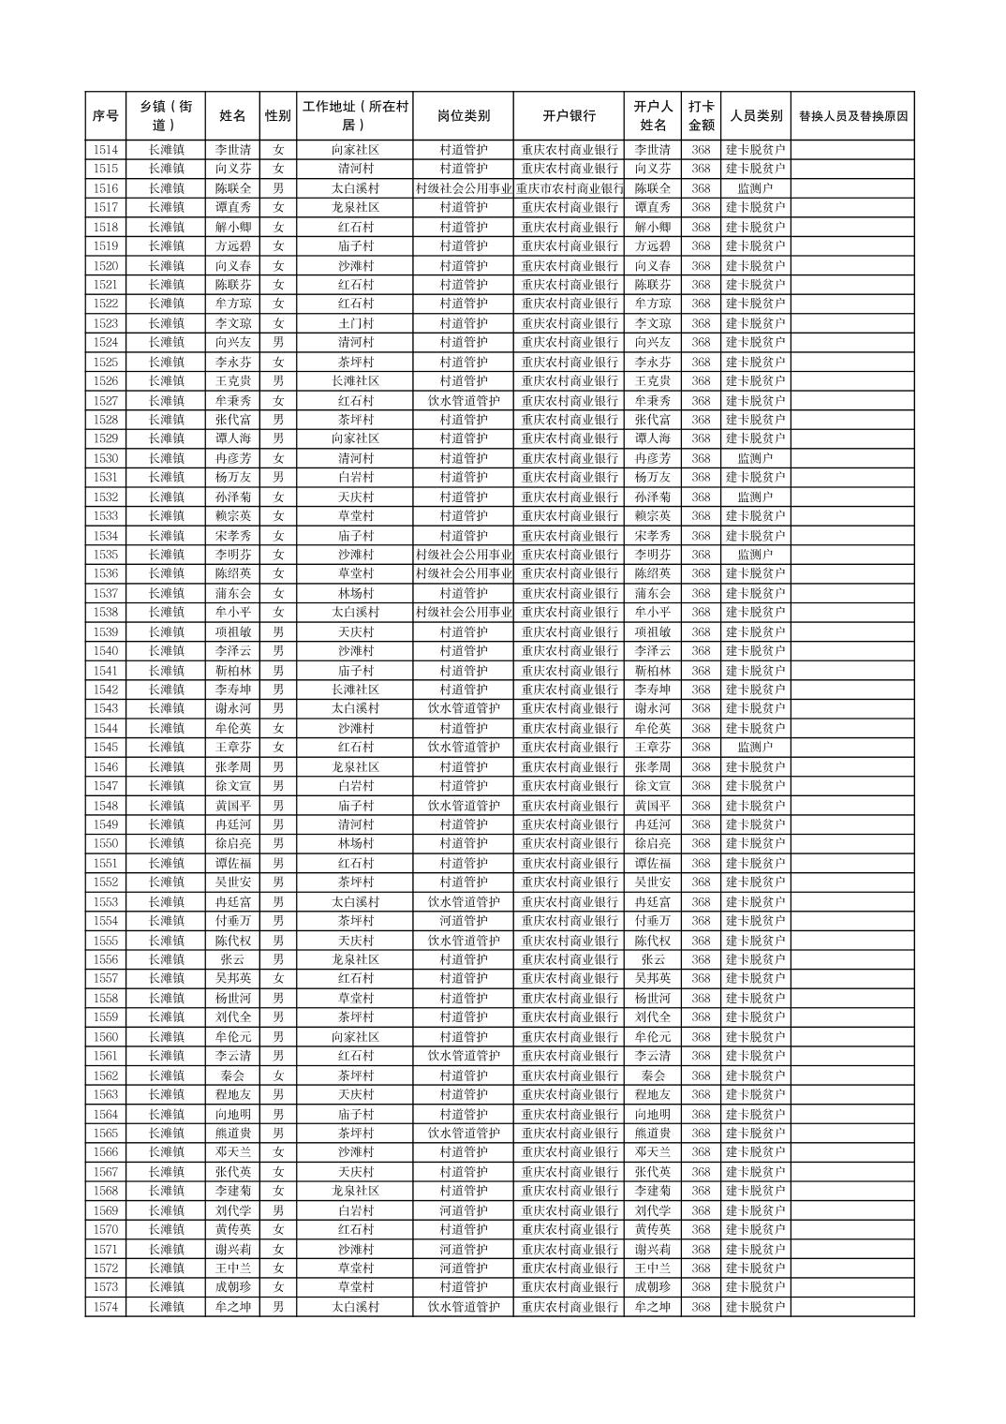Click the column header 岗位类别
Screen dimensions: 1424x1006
(463, 116)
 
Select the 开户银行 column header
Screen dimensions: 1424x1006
(569, 116)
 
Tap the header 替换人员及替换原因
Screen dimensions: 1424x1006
(851, 116)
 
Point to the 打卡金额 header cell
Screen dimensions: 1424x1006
(701, 116)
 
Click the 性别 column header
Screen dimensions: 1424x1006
(277, 116)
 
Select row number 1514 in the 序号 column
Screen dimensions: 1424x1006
(106, 150)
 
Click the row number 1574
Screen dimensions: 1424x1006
(106, 1307)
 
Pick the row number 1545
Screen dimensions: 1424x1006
(106, 748)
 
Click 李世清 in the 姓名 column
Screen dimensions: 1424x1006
(232, 150)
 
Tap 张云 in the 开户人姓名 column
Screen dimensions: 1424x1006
(653, 959)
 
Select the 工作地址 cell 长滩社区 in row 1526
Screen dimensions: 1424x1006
(355, 381)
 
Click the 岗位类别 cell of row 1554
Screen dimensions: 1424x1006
(463, 921)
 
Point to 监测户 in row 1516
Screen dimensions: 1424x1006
(755, 188)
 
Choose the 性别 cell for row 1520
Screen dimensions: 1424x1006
(277, 265)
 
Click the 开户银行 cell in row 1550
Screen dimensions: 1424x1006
(569, 844)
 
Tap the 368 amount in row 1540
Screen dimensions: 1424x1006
(701, 651)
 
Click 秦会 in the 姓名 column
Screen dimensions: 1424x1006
(232, 1075)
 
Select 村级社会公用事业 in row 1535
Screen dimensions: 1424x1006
(463, 555)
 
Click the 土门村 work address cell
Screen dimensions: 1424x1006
(355, 323)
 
